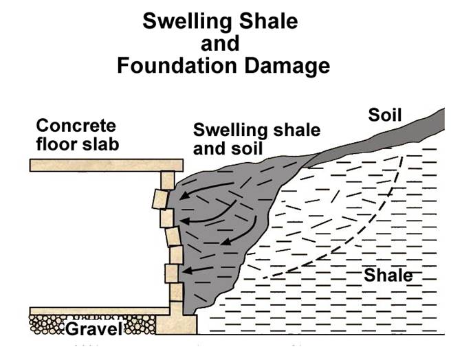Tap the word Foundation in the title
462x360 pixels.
point(177,65)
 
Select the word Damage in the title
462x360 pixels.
point(287,67)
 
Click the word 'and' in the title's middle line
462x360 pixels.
point(220,43)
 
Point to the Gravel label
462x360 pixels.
point(93,328)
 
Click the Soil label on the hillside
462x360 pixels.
point(384,115)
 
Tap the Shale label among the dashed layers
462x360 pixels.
point(388,275)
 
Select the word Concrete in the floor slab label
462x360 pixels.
point(76,126)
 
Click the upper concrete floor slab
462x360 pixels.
point(107,165)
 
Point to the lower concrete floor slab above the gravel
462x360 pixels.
point(100,311)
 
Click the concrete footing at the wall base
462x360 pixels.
point(176,324)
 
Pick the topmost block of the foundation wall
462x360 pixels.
point(168,181)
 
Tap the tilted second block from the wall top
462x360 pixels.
point(160,199)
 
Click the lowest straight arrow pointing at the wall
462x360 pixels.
point(197,270)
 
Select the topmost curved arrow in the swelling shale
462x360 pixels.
point(206,189)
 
